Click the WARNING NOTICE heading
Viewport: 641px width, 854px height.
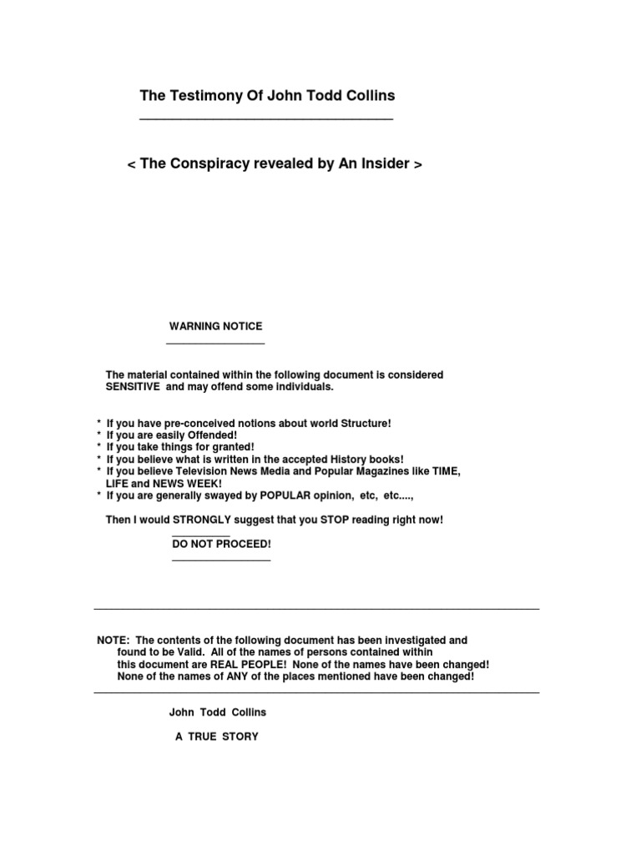[215, 326]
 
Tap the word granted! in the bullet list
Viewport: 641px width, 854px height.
[228, 447]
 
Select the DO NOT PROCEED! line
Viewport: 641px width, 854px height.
[221, 544]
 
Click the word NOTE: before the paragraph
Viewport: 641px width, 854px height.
[113, 640]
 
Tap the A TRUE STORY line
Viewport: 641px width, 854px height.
[216, 736]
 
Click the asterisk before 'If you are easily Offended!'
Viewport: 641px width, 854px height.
[99, 436]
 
